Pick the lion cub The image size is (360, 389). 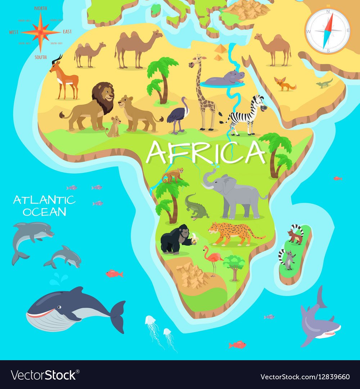pyautogui.click(x=114, y=127)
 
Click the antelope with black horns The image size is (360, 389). pyautogui.click(x=65, y=77)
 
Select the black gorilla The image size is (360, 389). pyautogui.click(x=175, y=238)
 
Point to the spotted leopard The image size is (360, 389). pyautogui.click(x=232, y=233)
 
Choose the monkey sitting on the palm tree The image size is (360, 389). pyautogui.click(x=173, y=175)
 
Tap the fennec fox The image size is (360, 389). pyautogui.click(x=284, y=84)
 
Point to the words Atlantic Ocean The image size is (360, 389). pyautogui.click(x=44, y=205)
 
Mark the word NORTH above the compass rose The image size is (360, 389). pyautogui.click(x=41, y=8)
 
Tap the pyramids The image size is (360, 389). pyautogui.click(x=220, y=52)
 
